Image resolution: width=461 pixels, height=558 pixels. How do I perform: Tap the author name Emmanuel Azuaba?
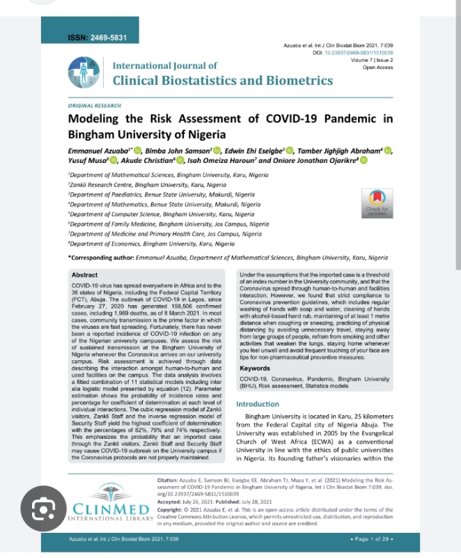(98, 150)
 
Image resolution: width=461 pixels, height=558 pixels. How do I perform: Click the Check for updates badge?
(377, 202)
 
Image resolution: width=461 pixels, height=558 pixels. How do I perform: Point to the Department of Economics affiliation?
(152, 244)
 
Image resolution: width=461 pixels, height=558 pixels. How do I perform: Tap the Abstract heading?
(85, 276)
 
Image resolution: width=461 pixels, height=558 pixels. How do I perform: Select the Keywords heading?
(255, 368)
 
